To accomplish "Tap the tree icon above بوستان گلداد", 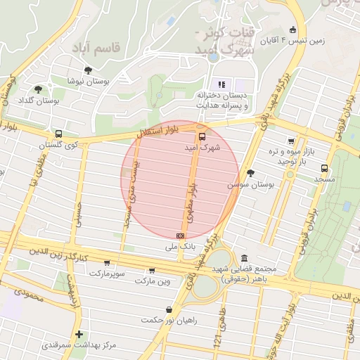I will coord(38,89).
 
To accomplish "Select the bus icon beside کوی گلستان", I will coord(58,133).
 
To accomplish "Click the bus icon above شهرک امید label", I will coord(202,136).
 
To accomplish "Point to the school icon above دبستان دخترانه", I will coord(221,84).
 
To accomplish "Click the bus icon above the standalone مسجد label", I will coord(324,168).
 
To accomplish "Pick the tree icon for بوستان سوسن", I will coord(250,172).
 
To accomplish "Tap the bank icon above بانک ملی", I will coord(181,235).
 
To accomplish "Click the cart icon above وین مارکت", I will coord(152,271).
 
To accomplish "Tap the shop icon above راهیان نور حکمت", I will coord(169,309).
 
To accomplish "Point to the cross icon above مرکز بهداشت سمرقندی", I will coord(79,334).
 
